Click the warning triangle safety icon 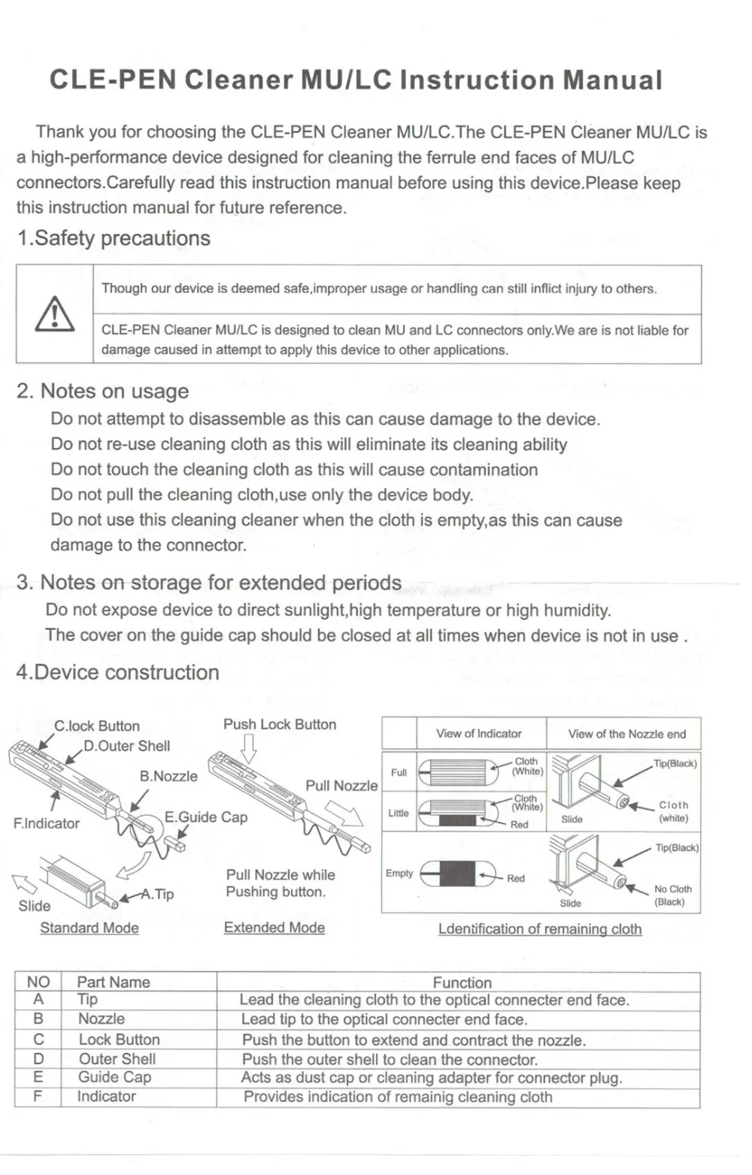(x=55, y=314)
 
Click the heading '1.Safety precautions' (x=114, y=238)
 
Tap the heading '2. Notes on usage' (x=102, y=391)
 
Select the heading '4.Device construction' (x=117, y=672)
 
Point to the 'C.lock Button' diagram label (x=97, y=726)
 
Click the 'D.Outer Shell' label (x=126, y=746)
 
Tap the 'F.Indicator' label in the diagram (x=46, y=823)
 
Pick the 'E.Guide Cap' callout (x=205, y=817)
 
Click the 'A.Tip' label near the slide (x=158, y=894)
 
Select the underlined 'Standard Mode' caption (x=89, y=928)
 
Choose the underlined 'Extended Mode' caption (x=274, y=928)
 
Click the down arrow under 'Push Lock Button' (x=250, y=748)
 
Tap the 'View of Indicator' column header (x=478, y=734)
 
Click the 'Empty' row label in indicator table (x=399, y=874)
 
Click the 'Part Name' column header (x=114, y=982)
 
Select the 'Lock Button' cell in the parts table (x=119, y=1040)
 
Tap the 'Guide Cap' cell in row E (x=114, y=1077)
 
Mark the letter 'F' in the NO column (x=38, y=1096)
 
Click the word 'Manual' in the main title (x=612, y=80)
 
